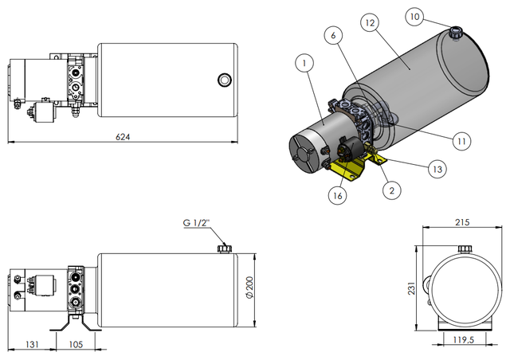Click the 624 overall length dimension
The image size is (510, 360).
pos(123,137)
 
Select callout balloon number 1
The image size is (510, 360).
pos(304,61)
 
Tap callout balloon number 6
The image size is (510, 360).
pos(335,35)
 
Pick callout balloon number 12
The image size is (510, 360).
pos(367,25)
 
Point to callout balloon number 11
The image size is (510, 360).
pos(460,141)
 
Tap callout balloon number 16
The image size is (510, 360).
pos(337,194)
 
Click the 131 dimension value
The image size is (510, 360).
pos(33,345)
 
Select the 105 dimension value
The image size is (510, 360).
pos(76,345)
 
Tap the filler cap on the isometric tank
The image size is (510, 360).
pos(457,33)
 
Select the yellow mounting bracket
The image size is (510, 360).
pos(355,168)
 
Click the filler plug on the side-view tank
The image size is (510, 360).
pos(223,249)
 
